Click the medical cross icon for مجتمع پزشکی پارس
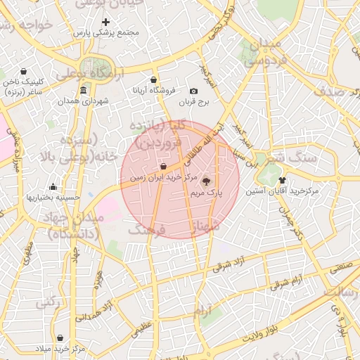pyautogui.click(x=106, y=22)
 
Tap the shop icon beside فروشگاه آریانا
pyautogui.click(x=154, y=79)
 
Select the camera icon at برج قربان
pyautogui.click(x=194, y=91)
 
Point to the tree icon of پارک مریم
pyautogui.click(x=205, y=181)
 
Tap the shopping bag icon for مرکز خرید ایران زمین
pyautogui.click(x=163, y=167)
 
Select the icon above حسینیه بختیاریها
pyautogui.click(x=53, y=187)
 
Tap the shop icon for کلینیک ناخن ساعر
pyautogui.click(x=25, y=72)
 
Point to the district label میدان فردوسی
pyautogui.click(x=264, y=53)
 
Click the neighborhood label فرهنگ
pyautogui.click(x=148, y=230)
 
